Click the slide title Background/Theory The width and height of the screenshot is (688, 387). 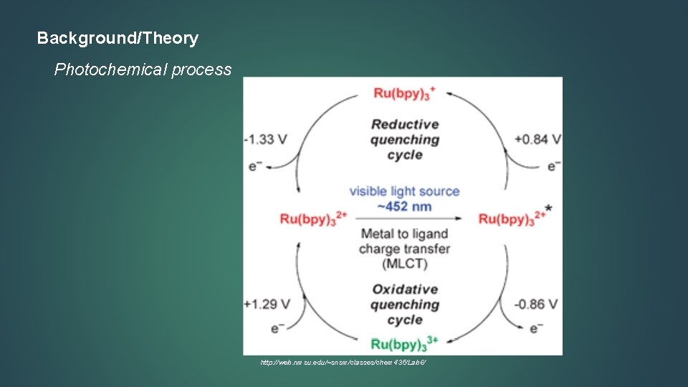tap(118, 38)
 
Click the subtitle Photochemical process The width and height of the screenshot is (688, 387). tap(143, 70)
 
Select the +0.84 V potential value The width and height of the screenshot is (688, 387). tap(537, 138)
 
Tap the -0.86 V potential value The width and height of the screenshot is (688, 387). tap(537, 304)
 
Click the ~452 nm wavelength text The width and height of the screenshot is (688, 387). tap(404, 206)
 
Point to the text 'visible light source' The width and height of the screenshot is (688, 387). tap(404, 191)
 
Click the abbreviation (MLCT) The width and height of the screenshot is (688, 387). tap(404, 264)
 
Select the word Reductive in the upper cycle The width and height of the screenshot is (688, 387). tap(404, 124)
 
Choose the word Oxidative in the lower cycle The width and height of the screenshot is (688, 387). tap(404, 290)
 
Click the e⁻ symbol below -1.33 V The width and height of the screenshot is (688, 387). tap(254, 166)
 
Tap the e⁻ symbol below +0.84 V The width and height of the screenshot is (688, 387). tap(554, 166)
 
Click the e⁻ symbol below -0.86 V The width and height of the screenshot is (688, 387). tap(535, 329)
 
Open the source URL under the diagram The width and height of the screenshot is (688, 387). tap(343, 363)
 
